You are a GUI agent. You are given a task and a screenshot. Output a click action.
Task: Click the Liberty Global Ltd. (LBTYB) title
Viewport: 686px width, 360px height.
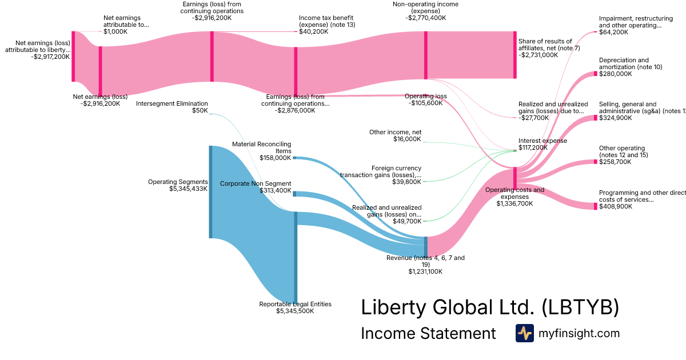(489, 307)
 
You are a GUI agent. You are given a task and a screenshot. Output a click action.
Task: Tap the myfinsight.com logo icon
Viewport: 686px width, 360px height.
(524, 333)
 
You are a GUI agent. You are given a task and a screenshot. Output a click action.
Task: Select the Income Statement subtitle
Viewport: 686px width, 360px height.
(428, 333)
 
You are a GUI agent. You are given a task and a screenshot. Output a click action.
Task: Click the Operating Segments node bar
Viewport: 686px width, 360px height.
(210, 192)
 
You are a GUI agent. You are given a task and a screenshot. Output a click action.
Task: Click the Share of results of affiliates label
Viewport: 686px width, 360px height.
(545, 45)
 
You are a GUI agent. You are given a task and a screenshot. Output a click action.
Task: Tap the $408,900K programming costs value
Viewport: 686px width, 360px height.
(616, 206)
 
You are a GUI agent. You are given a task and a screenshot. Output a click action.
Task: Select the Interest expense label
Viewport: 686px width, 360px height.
(543, 141)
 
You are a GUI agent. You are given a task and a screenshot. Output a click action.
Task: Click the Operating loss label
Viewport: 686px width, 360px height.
(425, 96)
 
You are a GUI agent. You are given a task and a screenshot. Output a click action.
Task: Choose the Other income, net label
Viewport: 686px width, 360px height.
(395, 132)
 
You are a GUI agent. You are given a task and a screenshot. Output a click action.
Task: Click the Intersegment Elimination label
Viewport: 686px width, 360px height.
(171, 103)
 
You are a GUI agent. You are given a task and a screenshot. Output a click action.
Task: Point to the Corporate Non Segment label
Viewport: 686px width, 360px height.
(256, 183)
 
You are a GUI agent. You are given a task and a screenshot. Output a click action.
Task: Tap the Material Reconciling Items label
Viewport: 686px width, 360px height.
(261, 147)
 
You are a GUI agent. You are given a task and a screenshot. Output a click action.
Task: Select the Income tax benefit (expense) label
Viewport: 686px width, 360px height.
(326, 22)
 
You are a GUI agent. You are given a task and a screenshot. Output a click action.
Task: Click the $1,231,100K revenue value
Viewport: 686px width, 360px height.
(425, 271)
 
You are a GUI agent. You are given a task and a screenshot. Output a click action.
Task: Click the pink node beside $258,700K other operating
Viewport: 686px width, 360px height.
(595, 162)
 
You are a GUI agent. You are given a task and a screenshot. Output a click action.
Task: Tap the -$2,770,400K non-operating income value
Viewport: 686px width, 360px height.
(425, 18)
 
